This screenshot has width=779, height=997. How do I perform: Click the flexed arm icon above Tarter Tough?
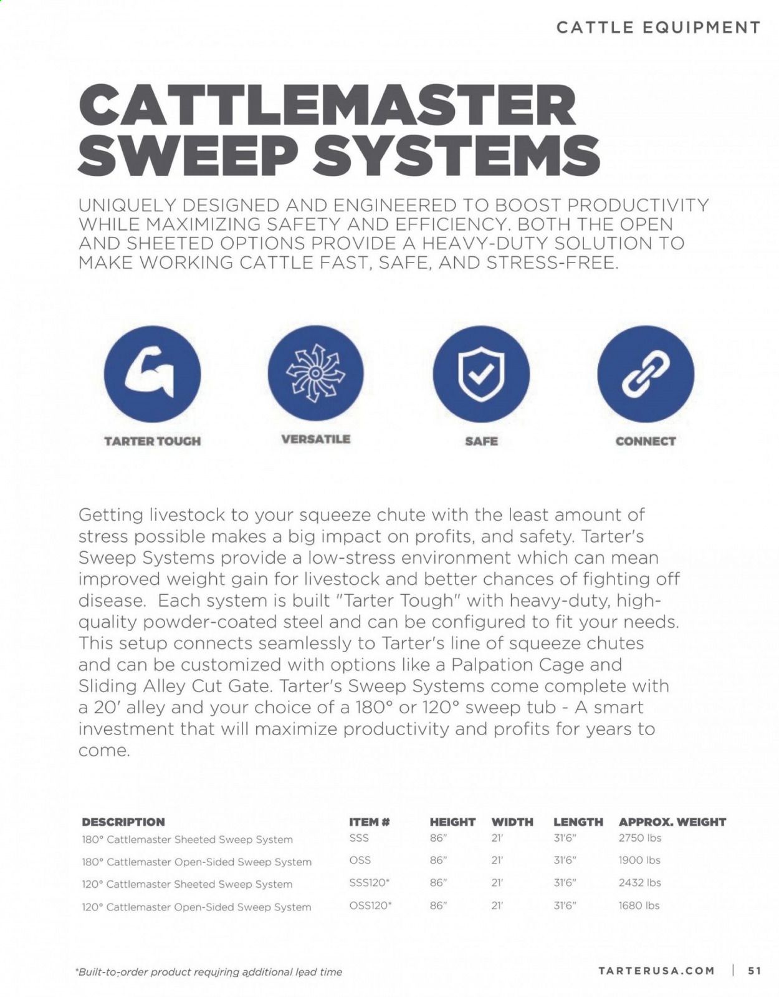[x=152, y=373]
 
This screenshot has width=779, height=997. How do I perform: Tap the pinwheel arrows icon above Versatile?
[x=315, y=373]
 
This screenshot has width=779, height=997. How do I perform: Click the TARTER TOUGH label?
[x=152, y=441]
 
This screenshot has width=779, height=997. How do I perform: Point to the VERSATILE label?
[x=315, y=439]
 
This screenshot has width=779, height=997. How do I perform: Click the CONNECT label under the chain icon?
[x=645, y=441]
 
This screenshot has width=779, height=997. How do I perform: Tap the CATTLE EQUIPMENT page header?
[x=658, y=27]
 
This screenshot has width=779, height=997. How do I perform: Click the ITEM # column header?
[x=369, y=822]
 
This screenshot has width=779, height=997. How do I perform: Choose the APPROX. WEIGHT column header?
[x=672, y=822]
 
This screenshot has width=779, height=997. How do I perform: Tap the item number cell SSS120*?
[x=370, y=882]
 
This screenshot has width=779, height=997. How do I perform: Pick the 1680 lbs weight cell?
[x=638, y=905]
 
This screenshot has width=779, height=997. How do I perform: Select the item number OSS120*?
[x=370, y=905]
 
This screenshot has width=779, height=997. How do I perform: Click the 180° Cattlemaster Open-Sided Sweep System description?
[x=196, y=862]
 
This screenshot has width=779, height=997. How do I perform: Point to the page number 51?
[x=754, y=970]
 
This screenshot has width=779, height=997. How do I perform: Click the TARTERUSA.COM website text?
[x=656, y=970]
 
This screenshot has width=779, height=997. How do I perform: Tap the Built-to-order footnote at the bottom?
[x=209, y=971]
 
